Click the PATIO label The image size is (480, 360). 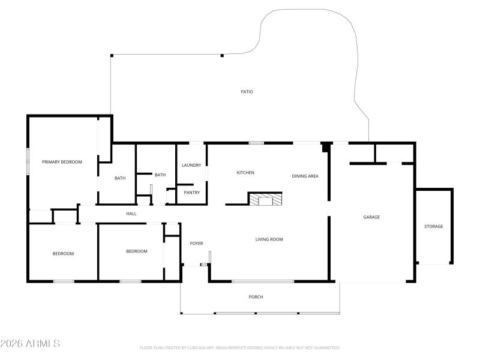(x=247, y=92)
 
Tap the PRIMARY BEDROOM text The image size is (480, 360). (x=62, y=162)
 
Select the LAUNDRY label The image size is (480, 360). (x=191, y=165)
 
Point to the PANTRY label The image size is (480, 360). (x=191, y=193)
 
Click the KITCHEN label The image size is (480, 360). (x=245, y=173)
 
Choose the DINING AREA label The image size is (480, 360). (x=305, y=176)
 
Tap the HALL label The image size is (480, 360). (x=131, y=214)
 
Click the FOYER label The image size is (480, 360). (x=196, y=243)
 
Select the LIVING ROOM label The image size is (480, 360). (x=269, y=239)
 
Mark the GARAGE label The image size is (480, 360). (x=371, y=217)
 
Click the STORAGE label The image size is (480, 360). (x=433, y=226)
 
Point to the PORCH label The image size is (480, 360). (x=256, y=297)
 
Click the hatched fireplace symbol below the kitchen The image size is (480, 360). (x=265, y=200)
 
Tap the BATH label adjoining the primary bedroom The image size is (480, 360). (x=120, y=178)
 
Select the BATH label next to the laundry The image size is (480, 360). (x=160, y=175)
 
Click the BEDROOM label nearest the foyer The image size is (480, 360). (x=136, y=251)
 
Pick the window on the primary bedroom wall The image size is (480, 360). (x=27, y=161)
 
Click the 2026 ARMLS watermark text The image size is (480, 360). (x=30, y=344)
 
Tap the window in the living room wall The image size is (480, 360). (x=263, y=281)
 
